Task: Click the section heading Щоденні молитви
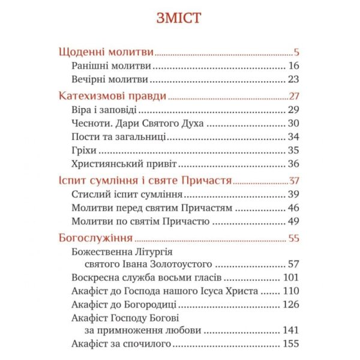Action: pos(107,52)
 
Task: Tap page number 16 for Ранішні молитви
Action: pos(293,66)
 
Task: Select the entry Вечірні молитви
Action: pos(109,80)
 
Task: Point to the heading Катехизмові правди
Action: pos(113,97)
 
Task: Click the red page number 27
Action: pos(294,97)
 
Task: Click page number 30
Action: pos(293,124)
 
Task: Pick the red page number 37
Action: pos(294,181)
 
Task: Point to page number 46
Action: pos(293,208)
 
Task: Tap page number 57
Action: pos(293,264)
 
